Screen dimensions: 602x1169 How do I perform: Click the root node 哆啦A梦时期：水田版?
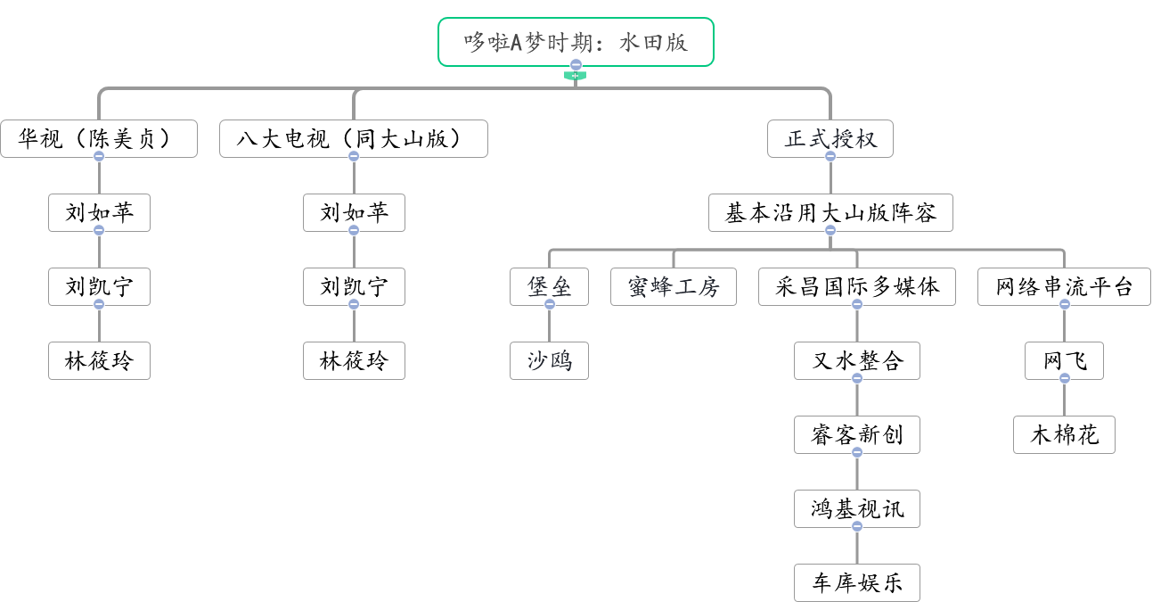pyautogui.click(x=576, y=42)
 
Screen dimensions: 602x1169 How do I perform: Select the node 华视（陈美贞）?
pyautogui.click(x=99, y=139)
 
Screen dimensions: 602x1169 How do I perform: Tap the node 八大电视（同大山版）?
pyautogui.click(x=354, y=139)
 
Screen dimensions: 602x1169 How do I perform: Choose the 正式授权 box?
pyautogui.click(x=830, y=139)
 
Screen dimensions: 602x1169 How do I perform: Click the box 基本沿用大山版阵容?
pyautogui.click(x=830, y=213)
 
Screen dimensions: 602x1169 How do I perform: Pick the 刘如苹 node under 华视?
pyautogui.click(x=99, y=213)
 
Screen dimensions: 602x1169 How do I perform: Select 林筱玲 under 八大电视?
pyautogui.click(x=354, y=360)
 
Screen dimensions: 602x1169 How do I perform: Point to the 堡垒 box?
pyautogui.click(x=549, y=287)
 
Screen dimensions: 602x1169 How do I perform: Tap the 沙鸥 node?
pyautogui.click(x=549, y=360)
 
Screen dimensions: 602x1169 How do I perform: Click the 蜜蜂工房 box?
pyautogui.click(x=673, y=287)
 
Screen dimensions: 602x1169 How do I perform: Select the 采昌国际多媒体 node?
pyautogui.click(x=856, y=287)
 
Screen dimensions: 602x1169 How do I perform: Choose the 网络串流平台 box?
pyautogui.click(x=1064, y=287)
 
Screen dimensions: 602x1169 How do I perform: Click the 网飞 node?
pyautogui.click(x=1064, y=360)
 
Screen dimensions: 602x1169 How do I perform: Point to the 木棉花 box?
pyautogui.click(x=1064, y=434)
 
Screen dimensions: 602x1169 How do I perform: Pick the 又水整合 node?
pyautogui.click(x=856, y=360)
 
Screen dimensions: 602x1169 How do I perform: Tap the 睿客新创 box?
pyautogui.click(x=856, y=434)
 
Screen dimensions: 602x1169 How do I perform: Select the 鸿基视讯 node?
pyautogui.click(x=856, y=508)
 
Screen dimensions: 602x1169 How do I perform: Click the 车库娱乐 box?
pyautogui.click(x=856, y=582)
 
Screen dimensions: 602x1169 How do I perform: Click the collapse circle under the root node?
pyautogui.click(x=576, y=65)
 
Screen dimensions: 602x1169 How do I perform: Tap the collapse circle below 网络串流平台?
pyautogui.click(x=1064, y=305)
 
